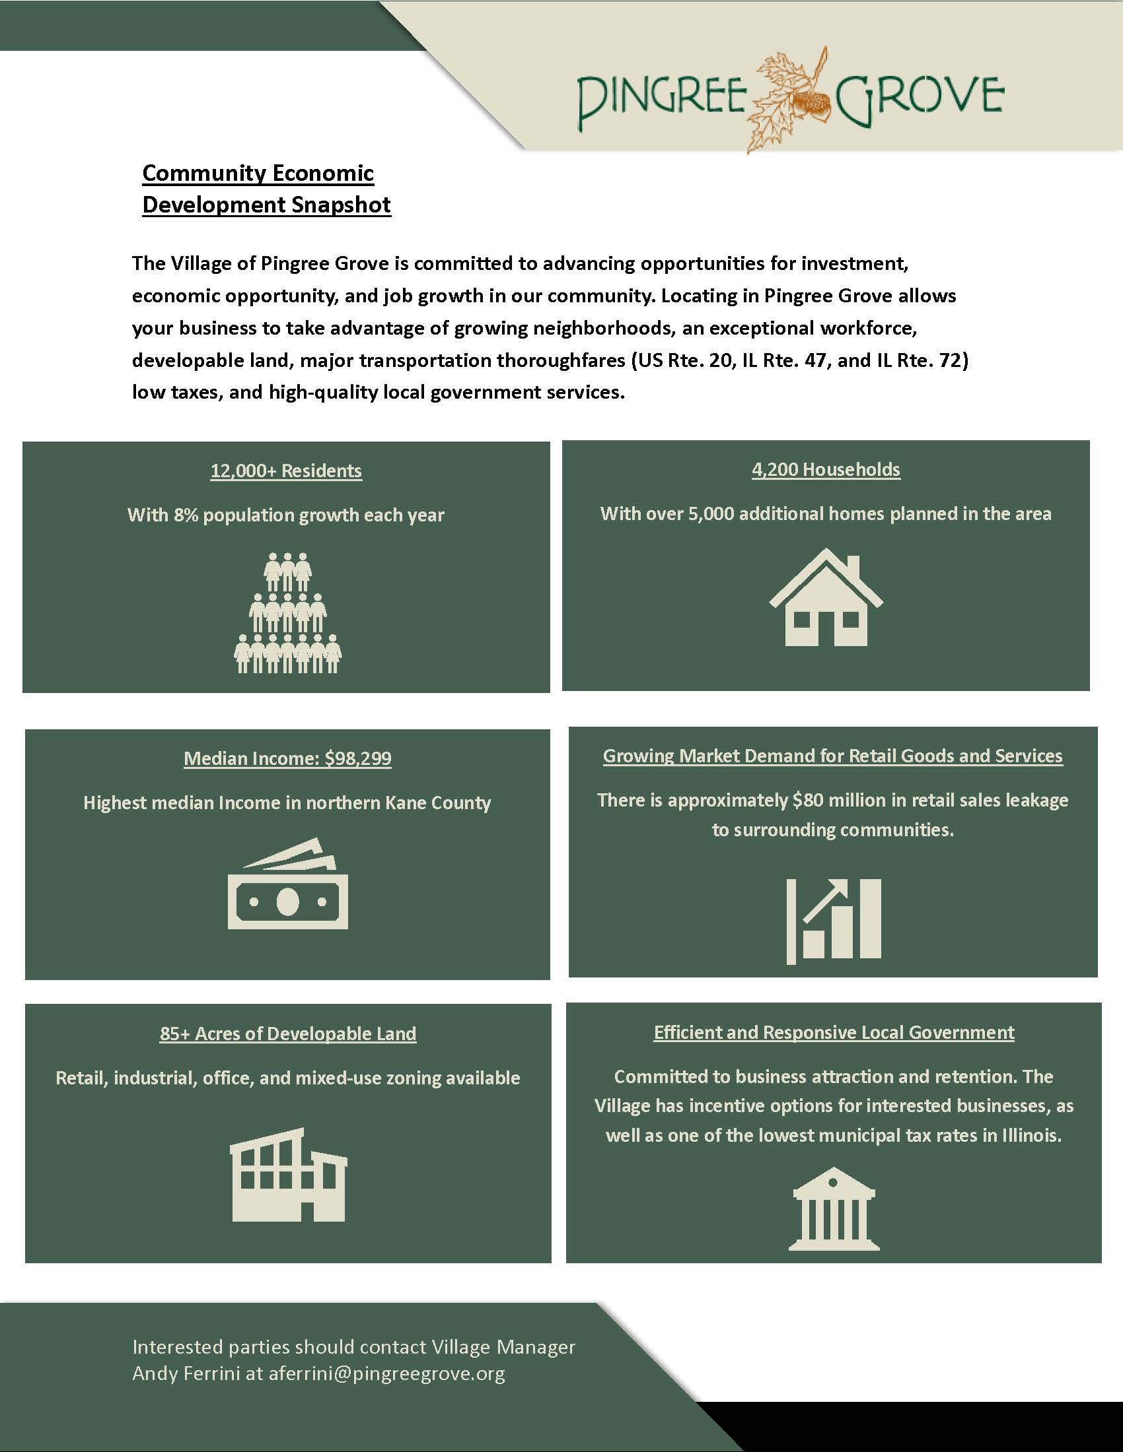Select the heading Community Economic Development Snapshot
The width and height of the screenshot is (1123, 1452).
click(266, 189)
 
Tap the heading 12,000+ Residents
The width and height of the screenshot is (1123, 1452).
click(286, 471)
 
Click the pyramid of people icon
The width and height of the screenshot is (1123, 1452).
click(287, 613)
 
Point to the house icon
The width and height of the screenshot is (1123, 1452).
click(826, 598)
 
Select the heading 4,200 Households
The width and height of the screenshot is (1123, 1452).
click(826, 469)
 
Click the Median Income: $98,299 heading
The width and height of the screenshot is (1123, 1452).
click(287, 758)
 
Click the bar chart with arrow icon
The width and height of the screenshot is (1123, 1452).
click(834, 921)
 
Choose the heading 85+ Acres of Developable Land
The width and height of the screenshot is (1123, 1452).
click(287, 1033)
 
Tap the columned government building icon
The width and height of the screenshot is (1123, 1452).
click(834, 1209)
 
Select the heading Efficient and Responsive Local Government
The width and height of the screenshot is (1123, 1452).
click(834, 1032)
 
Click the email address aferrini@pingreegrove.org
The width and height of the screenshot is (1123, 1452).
click(386, 1373)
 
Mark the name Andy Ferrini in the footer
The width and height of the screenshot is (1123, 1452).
click(186, 1373)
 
